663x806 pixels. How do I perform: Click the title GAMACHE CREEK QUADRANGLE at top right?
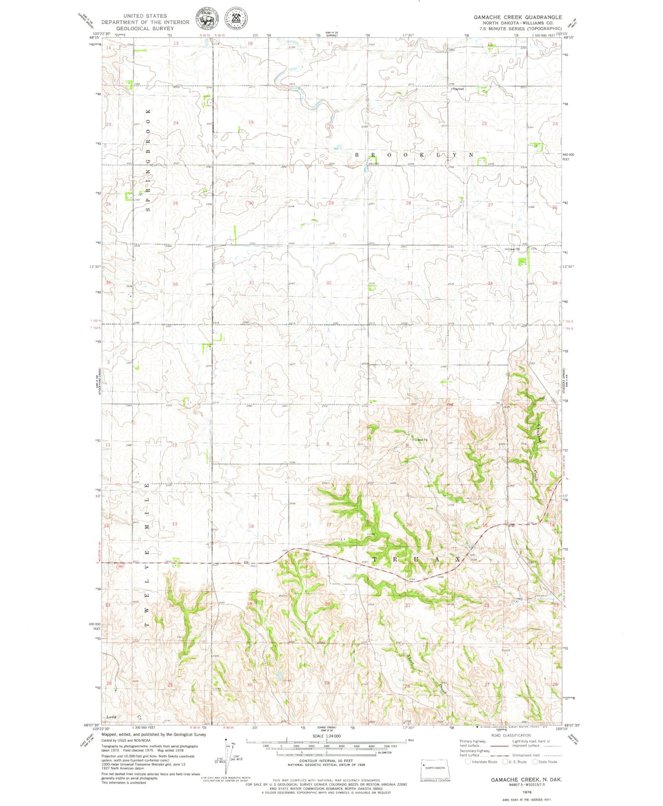coord(518,17)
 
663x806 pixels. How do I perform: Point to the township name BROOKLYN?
coord(415,155)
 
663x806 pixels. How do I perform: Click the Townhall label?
coord(458,89)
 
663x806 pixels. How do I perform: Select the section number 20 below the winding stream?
coord(331,126)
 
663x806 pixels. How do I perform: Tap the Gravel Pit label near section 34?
coord(513,250)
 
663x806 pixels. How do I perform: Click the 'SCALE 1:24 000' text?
coord(326,736)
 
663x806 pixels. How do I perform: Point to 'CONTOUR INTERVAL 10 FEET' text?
coord(326,761)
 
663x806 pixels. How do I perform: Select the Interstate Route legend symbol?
coord(468,762)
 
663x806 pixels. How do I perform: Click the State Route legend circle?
coord(535,762)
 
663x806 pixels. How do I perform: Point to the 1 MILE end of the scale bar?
coord(406,740)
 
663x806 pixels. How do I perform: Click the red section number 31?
coord(251,283)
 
